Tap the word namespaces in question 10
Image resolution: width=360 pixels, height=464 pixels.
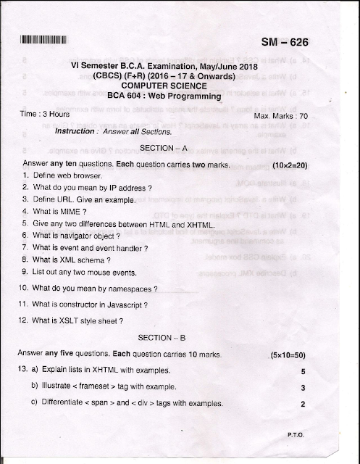[128, 288]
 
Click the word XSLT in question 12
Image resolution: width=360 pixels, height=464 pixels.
[67, 321]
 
